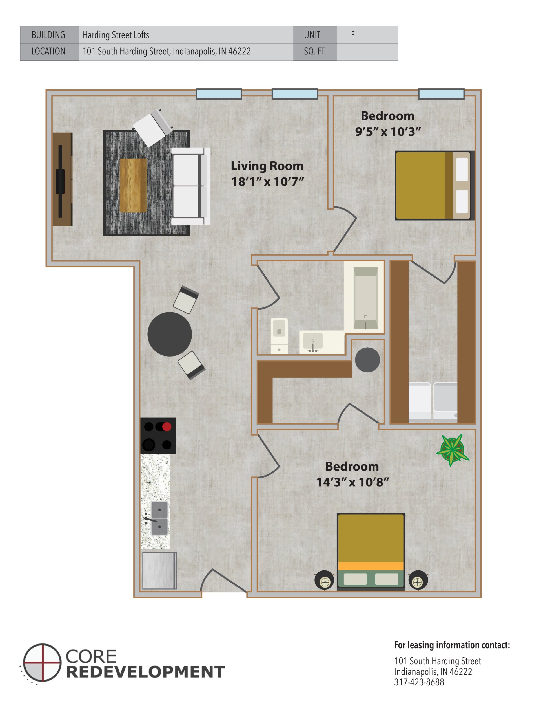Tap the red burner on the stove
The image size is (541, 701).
point(167,427)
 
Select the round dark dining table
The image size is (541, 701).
point(170,334)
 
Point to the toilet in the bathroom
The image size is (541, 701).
point(279,335)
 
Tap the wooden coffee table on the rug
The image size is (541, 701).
point(133,185)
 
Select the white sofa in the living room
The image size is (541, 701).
point(190,186)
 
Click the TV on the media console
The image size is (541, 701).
point(60,182)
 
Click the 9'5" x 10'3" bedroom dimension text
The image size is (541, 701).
point(388,132)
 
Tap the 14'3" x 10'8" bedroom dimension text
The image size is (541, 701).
point(352,482)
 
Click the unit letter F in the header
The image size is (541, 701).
point(353,35)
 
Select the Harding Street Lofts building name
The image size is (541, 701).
point(116,35)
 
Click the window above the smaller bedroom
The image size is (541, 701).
point(441,94)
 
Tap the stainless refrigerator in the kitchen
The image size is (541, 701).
point(159,570)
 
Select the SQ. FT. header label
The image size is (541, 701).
point(314,51)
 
